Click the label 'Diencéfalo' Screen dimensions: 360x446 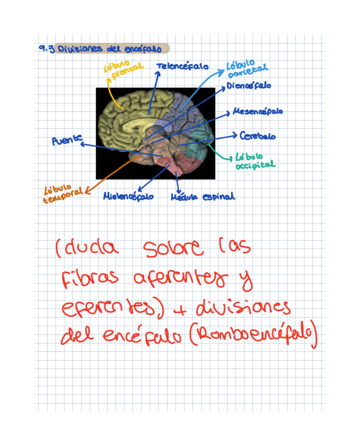(x=249, y=86)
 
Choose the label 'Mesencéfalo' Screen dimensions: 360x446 (x=258, y=111)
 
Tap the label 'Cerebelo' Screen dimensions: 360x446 (x=258, y=136)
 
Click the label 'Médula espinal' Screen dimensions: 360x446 (x=202, y=197)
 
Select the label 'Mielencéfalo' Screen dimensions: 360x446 (x=128, y=196)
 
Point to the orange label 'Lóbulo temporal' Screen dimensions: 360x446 (x=62, y=192)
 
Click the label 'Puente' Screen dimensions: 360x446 (x=67, y=140)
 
